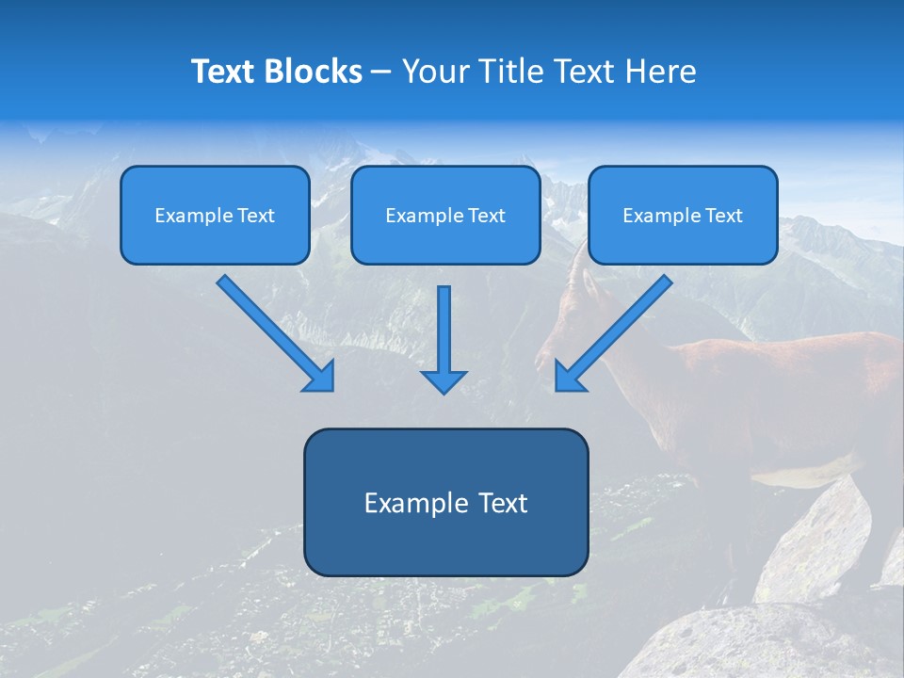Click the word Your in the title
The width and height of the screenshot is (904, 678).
coord(434,72)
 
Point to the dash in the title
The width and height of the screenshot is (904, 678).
coord(381,73)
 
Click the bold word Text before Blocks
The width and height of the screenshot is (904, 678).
coord(226,72)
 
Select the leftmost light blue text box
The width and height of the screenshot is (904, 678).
coord(215,215)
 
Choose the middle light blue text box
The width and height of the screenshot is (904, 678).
coord(445,215)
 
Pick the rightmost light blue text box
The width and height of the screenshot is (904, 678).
coord(683,215)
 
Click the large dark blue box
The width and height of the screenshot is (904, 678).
coord(445,502)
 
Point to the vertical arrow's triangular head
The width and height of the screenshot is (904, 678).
coord(444,380)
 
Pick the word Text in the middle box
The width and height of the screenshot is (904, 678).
coord(486,216)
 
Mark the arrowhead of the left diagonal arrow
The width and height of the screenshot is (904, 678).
coord(320,377)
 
